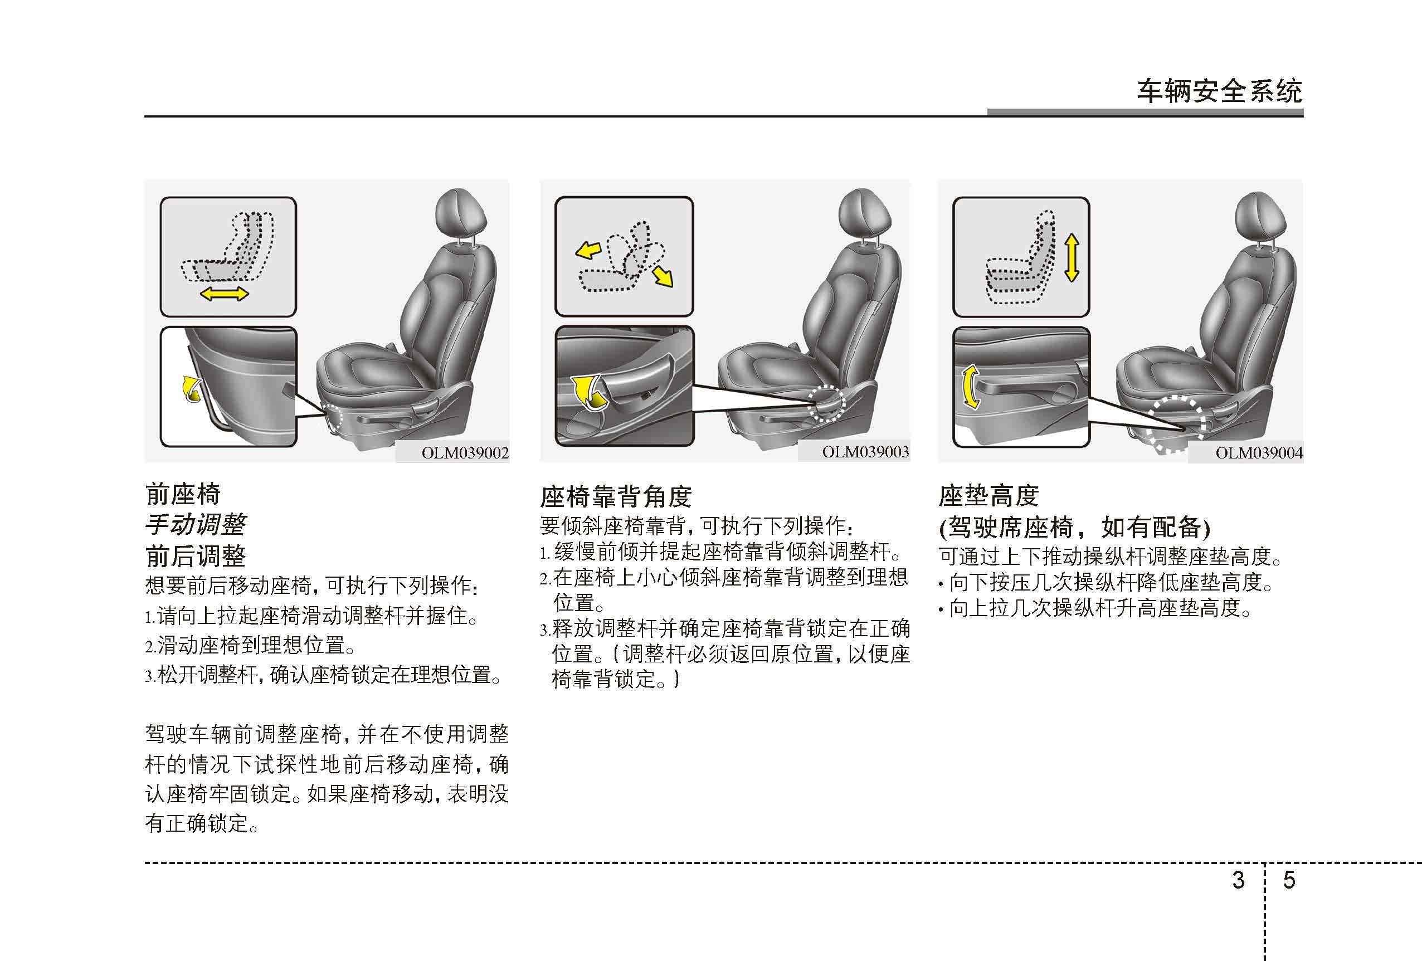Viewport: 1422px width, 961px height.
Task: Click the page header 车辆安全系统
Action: point(1220,92)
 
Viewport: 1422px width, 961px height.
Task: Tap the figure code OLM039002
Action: point(465,453)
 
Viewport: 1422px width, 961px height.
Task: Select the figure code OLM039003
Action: point(865,452)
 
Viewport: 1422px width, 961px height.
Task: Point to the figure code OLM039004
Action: point(1259,453)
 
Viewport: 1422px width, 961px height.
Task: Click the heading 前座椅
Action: point(183,494)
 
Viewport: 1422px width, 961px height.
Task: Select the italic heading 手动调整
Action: point(195,524)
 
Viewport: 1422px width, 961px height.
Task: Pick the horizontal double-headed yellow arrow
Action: point(225,294)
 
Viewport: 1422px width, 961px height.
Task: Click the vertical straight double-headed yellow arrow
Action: point(1072,260)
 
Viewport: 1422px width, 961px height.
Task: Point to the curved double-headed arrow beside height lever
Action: point(968,387)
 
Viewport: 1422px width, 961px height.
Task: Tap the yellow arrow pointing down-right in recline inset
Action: point(663,276)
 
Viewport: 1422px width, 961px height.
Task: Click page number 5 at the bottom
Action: point(1289,880)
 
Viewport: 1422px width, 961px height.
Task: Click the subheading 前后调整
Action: point(195,556)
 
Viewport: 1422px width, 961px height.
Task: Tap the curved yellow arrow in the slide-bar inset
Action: point(192,389)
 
